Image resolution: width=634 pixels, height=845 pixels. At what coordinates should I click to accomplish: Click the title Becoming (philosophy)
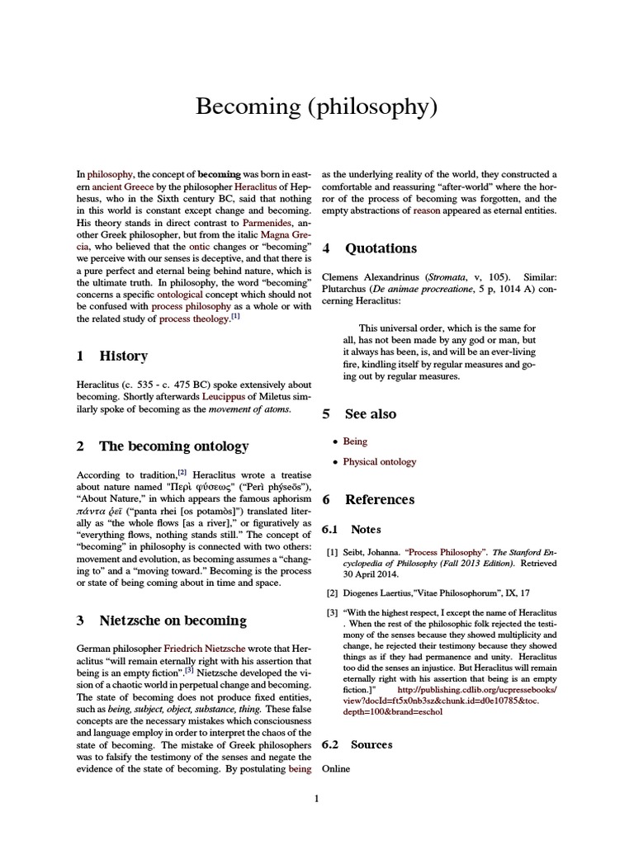pyautogui.click(x=316, y=106)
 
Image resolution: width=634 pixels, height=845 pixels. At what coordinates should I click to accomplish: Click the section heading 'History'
pyautogui.click(x=123, y=356)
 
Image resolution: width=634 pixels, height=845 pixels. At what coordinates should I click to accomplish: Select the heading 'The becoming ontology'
pyautogui.click(x=173, y=446)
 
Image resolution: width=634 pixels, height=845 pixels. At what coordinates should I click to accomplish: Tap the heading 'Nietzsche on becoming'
pyautogui.click(x=173, y=620)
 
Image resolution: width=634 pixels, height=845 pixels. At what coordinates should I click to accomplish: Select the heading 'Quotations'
pyautogui.click(x=381, y=248)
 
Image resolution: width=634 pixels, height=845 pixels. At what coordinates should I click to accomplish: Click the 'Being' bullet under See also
pyautogui.click(x=355, y=441)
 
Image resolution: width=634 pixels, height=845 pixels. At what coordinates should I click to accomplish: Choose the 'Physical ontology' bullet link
pyautogui.click(x=380, y=462)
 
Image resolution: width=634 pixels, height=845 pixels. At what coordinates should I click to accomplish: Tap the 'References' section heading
pyautogui.click(x=380, y=499)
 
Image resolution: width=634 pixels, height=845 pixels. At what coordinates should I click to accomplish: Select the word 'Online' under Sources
pyautogui.click(x=336, y=769)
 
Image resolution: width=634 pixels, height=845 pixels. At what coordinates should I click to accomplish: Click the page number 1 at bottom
pyautogui.click(x=316, y=798)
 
